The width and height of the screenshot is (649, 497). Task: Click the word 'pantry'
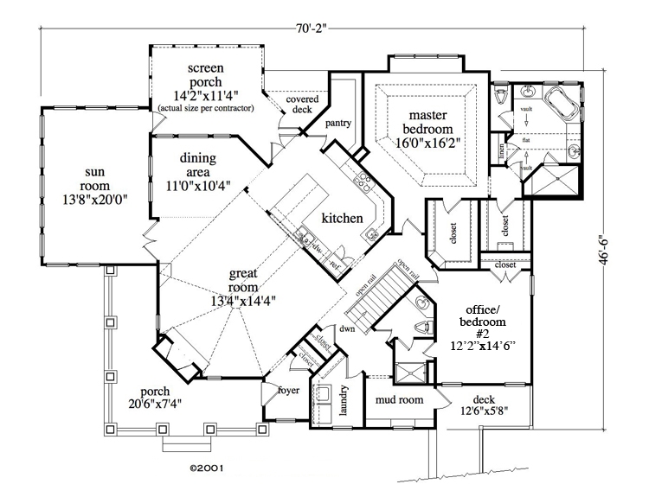[337, 124]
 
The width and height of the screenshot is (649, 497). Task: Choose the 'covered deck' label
[302, 105]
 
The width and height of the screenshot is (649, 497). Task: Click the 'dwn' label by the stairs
[348, 329]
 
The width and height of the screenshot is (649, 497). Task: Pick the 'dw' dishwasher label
[318, 245]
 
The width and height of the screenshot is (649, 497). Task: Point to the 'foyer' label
[287, 390]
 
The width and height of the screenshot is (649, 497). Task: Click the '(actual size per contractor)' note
[205, 108]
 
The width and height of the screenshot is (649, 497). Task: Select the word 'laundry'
[344, 400]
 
